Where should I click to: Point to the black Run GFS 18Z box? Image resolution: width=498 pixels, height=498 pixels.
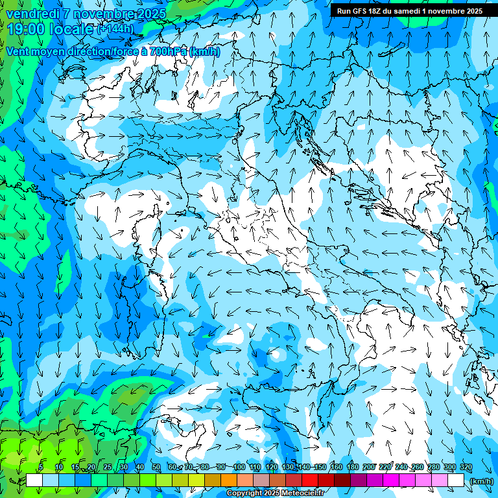(409, 11)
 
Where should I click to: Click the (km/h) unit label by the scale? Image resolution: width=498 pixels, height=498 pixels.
(480, 481)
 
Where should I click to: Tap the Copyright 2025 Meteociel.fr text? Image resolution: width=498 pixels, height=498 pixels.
(274, 493)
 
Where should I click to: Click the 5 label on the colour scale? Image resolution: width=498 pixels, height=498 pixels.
(41, 468)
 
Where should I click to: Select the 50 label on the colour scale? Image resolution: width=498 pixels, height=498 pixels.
(156, 468)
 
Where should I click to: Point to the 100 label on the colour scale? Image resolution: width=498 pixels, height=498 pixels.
(239, 468)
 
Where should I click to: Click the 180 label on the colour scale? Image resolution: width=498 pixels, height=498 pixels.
(352, 468)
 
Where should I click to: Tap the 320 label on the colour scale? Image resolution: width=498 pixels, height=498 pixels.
(466, 468)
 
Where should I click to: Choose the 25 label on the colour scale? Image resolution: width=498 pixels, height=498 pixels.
(107, 468)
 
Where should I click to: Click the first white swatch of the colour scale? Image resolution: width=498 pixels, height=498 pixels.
(34, 480)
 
